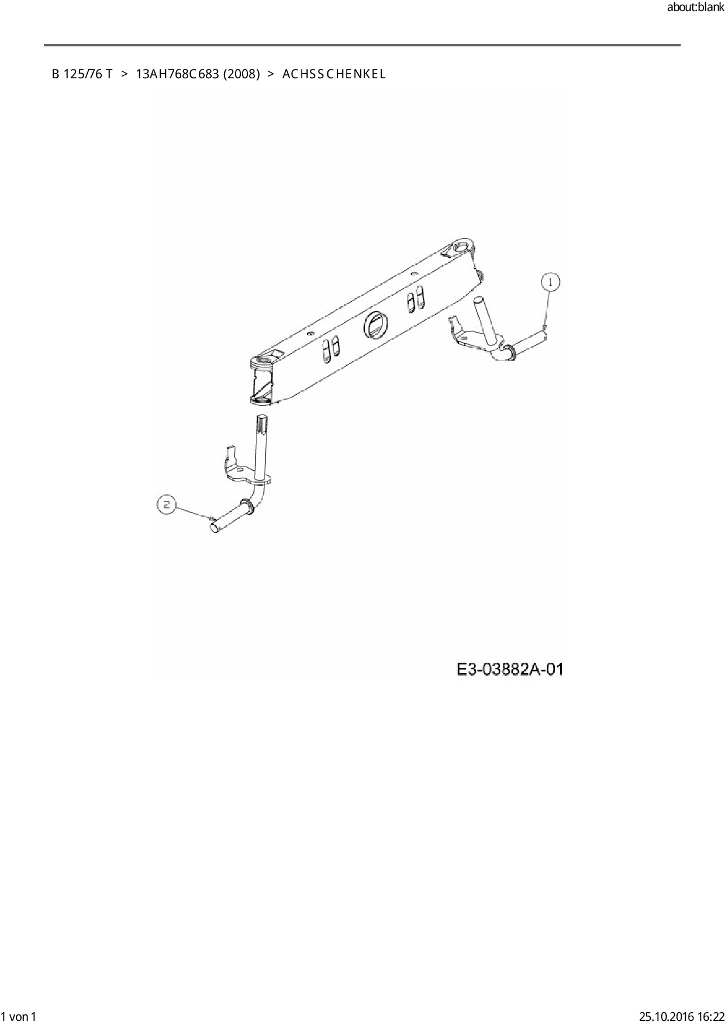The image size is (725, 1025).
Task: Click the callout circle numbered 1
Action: click(550, 282)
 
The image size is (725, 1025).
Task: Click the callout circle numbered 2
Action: click(167, 504)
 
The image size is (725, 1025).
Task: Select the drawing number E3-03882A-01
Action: click(510, 669)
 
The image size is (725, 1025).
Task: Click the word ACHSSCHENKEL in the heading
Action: click(334, 74)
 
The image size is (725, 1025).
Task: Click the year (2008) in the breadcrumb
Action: click(241, 74)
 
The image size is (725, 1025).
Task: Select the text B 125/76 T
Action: click(82, 74)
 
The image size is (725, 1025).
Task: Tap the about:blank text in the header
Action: click(695, 8)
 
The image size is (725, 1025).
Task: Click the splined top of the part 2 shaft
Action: click(262, 422)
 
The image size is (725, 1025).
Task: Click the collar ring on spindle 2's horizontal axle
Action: click(247, 505)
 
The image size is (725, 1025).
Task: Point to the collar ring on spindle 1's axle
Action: click(509, 351)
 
